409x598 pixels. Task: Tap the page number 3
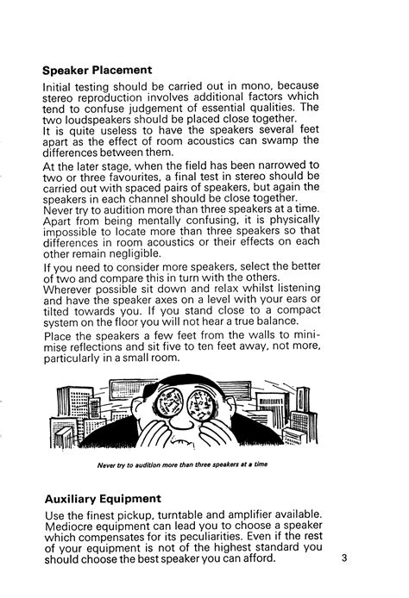pos(343,557)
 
